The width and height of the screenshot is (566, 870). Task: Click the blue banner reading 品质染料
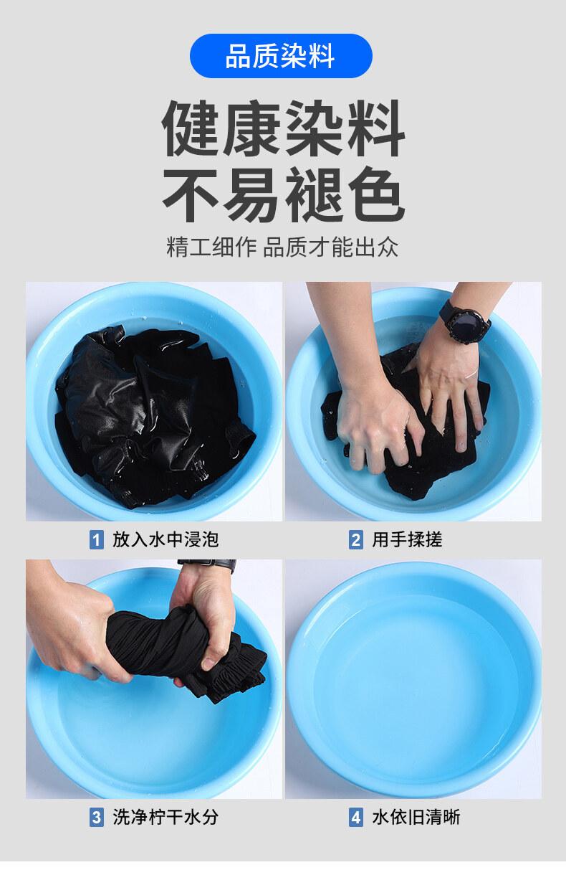(x=281, y=56)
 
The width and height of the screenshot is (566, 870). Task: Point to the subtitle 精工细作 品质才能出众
(x=282, y=247)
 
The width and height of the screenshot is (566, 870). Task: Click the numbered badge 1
(x=96, y=540)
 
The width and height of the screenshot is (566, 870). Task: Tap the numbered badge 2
(x=356, y=540)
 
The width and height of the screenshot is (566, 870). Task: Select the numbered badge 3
(x=96, y=818)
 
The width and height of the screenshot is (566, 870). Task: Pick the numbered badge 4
(x=356, y=818)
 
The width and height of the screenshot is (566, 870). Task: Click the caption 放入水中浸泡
(x=166, y=540)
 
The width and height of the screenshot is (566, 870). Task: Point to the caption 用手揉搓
(x=408, y=540)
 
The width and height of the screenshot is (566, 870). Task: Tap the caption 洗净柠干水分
(x=166, y=818)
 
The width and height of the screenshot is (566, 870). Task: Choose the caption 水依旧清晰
(x=416, y=818)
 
